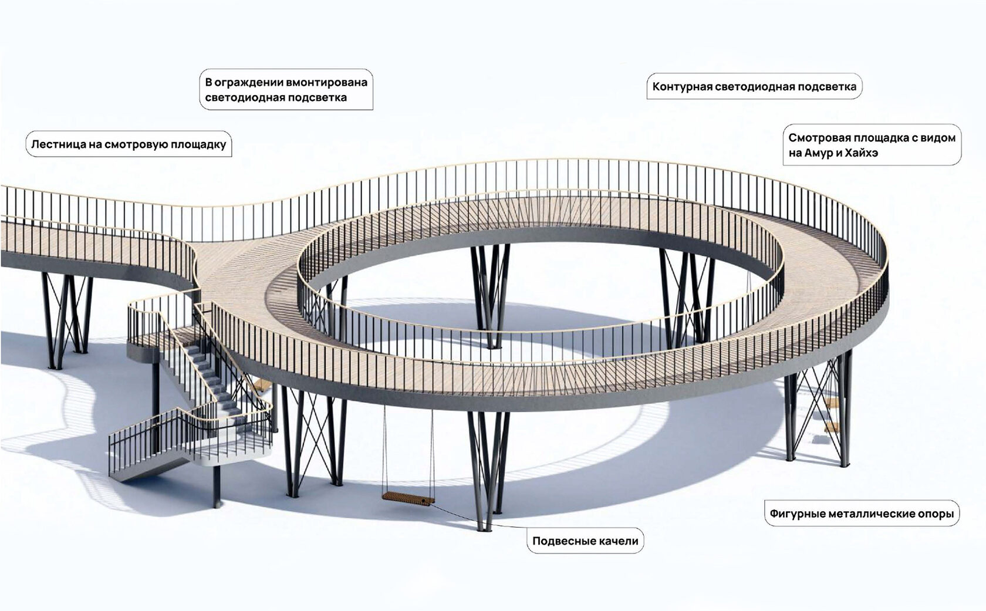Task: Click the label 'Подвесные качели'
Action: tap(585, 541)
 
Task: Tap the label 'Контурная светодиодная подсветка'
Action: tap(754, 87)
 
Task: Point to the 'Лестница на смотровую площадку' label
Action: tap(129, 144)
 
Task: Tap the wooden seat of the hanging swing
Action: tap(408, 498)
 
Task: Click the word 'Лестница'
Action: tap(57, 144)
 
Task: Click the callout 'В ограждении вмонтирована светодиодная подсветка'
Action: tap(286, 90)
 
